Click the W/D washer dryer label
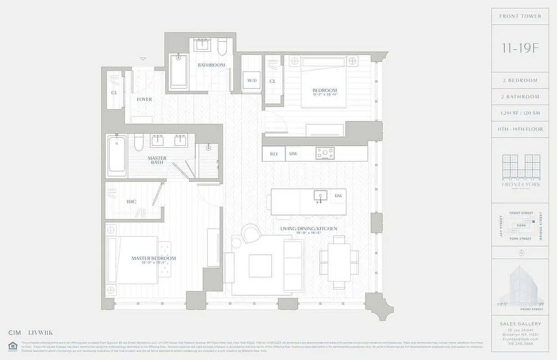[x=251, y=81]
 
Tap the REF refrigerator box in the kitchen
[x=274, y=154]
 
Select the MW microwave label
[x=293, y=154]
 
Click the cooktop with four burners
[x=325, y=153]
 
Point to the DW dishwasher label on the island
[x=338, y=196]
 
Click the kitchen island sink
[x=320, y=196]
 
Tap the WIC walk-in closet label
[x=131, y=202]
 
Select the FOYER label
[x=145, y=99]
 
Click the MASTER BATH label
[x=157, y=160]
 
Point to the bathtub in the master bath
[x=117, y=155]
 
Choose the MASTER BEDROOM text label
[x=154, y=258]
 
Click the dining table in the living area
[x=339, y=262]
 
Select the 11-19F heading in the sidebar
[x=520, y=49]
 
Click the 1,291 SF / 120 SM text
[x=520, y=113]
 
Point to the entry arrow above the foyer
[x=143, y=59]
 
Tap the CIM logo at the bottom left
[x=15, y=333]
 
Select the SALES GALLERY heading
[x=520, y=324]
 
